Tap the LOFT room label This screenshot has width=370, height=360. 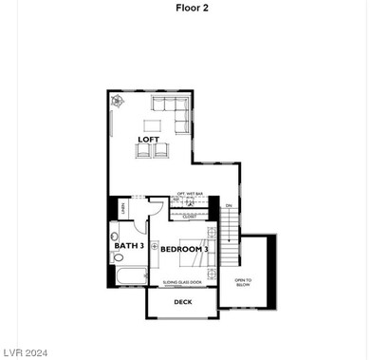pos(148,140)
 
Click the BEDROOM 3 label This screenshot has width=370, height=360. pos(183,250)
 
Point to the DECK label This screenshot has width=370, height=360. pos(182,301)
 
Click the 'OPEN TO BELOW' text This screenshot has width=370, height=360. pos(244,281)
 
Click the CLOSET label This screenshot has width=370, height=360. pos(190,216)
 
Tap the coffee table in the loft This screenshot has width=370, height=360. pos(153,124)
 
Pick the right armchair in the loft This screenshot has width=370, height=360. pos(161,149)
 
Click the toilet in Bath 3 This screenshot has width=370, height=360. pos(115,234)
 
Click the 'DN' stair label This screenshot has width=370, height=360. pos(228,205)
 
